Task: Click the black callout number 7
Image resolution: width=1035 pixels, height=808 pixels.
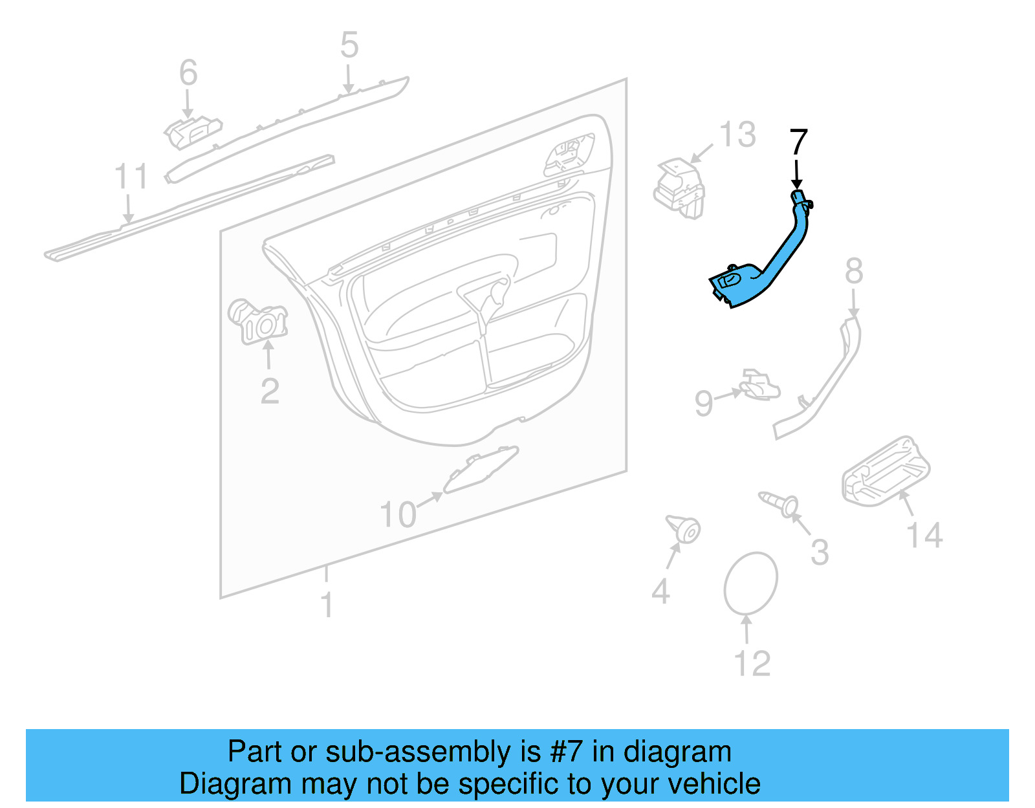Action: [x=799, y=142]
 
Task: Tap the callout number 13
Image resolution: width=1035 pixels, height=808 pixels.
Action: [x=737, y=135]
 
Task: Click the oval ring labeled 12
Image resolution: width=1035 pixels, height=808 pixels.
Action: [x=750, y=583]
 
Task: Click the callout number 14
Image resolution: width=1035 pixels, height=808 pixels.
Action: [x=924, y=536]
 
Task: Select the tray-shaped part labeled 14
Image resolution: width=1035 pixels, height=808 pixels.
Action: [x=886, y=471]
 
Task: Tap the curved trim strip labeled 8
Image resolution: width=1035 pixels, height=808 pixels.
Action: [x=825, y=382]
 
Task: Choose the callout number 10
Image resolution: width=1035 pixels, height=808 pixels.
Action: [x=398, y=515]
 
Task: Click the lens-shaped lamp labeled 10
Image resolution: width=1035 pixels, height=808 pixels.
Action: [x=480, y=469]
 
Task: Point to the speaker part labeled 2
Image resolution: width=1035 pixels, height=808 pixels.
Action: [x=259, y=322]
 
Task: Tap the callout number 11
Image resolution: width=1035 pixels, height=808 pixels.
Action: [x=131, y=176]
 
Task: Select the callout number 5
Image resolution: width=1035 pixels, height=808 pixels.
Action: [x=349, y=45]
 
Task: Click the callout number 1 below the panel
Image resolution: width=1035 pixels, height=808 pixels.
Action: [x=327, y=606]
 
